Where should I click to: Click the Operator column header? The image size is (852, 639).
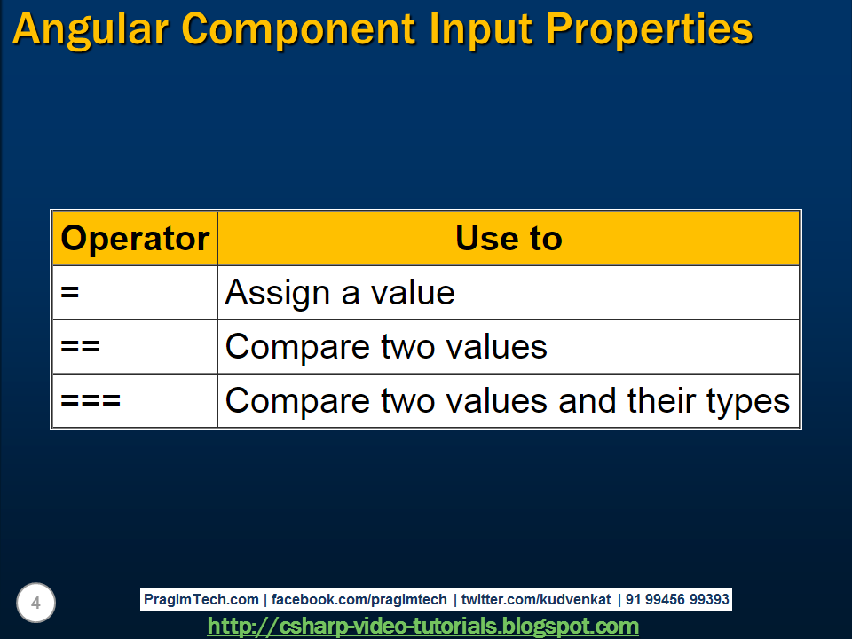click(x=135, y=239)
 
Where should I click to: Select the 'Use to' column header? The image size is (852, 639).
click(x=509, y=239)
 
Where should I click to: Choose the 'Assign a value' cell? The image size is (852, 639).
click(x=340, y=293)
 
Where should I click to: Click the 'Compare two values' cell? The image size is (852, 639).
click(x=386, y=347)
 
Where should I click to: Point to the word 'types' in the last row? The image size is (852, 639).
click(x=747, y=401)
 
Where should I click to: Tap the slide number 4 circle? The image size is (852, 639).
click(x=35, y=603)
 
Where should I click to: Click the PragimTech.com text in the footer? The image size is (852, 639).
click(x=201, y=600)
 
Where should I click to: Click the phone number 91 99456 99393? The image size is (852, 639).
click(x=677, y=600)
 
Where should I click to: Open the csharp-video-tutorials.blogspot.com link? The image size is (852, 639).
click(x=422, y=627)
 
